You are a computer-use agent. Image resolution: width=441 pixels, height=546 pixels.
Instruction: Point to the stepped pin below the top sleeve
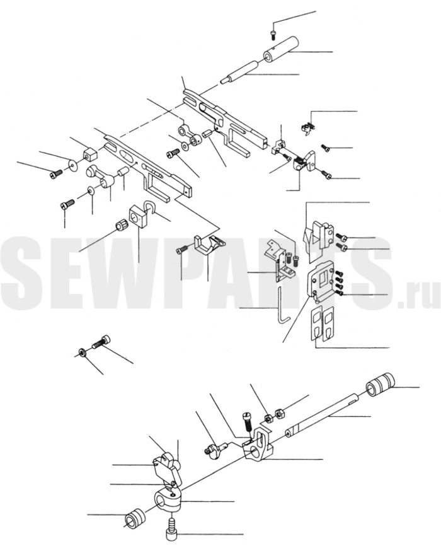point(239,71)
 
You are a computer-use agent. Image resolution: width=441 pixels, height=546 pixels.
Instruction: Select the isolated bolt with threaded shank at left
point(101,343)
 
